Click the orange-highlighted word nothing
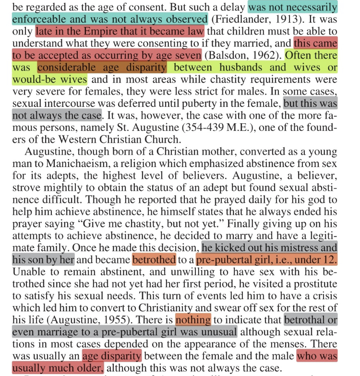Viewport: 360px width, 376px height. pyautogui.click(x=193, y=320)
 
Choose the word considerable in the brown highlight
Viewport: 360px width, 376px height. pyautogui.click(x=73, y=68)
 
